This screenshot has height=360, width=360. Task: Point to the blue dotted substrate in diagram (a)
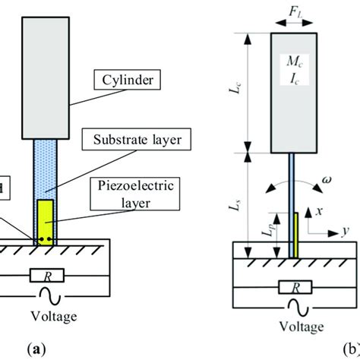(x=45, y=171)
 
